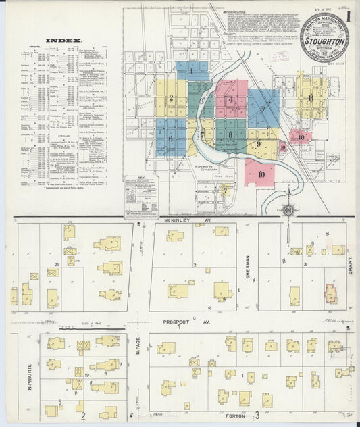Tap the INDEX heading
click(63, 41)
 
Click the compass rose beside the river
click(288, 209)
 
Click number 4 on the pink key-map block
click(231, 100)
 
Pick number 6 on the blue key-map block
click(170, 138)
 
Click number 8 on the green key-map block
click(230, 134)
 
